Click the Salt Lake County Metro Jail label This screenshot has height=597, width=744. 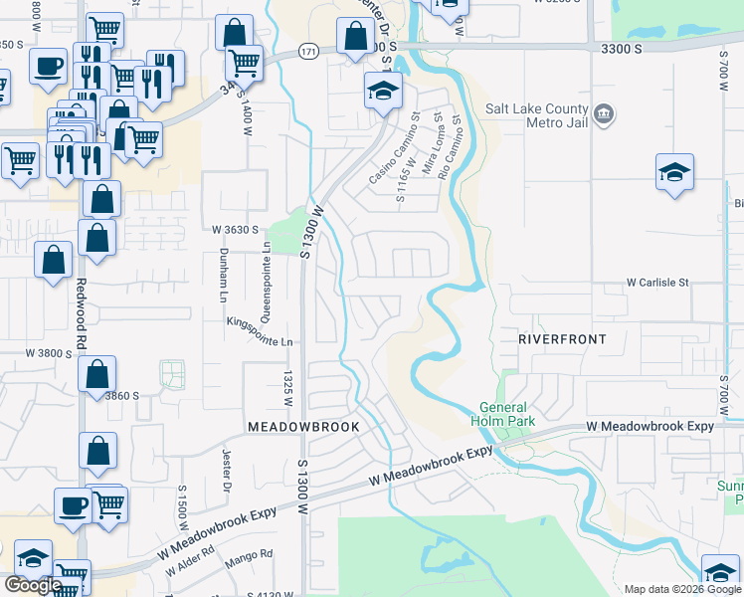(x=536, y=115)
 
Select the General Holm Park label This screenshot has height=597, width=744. (x=507, y=414)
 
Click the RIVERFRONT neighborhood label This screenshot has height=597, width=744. (x=562, y=339)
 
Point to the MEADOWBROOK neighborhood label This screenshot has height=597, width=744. (x=302, y=426)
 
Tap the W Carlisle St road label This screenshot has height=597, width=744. (x=656, y=283)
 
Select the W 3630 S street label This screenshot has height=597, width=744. (x=236, y=229)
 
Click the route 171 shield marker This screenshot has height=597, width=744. (x=308, y=51)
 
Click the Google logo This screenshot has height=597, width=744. (x=33, y=585)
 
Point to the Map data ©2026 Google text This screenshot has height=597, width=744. (x=681, y=589)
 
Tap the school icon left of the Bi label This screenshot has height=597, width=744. (x=673, y=171)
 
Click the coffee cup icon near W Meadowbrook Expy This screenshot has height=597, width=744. (x=72, y=505)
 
